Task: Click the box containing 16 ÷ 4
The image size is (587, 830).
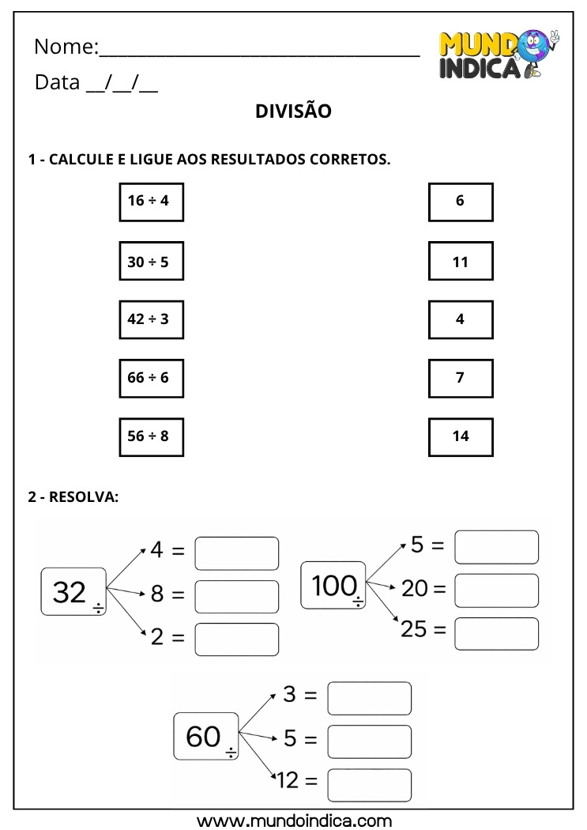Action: click(x=151, y=201)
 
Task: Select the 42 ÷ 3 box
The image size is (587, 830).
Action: click(x=151, y=319)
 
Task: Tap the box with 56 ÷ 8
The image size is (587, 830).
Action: click(x=151, y=436)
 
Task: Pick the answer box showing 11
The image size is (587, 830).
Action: click(x=461, y=261)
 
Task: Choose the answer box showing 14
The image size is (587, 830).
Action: click(x=461, y=436)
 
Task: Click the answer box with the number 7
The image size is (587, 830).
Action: click(x=461, y=378)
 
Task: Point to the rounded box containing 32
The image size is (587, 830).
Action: click(x=73, y=591)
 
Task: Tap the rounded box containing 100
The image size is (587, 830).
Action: click(x=333, y=586)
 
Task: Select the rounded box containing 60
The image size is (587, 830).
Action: click(x=205, y=737)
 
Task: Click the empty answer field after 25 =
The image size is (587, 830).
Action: click(x=496, y=633)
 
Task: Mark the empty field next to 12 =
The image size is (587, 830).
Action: click(x=369, y=784)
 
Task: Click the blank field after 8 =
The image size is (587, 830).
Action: click(x=236, y=597)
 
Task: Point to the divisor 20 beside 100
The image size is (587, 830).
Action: click(x=414, y=588)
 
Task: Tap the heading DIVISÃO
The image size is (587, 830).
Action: click(x=293, y=111)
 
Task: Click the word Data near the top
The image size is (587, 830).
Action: click(x=57, y=82)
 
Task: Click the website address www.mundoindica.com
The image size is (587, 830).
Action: click(x=293, y=819)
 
